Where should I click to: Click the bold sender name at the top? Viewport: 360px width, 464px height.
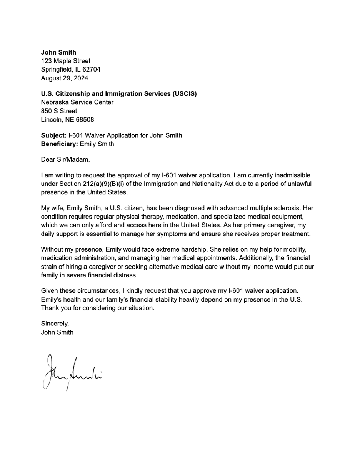coord(58,52)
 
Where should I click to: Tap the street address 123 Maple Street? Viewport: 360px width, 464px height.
coord(66,61)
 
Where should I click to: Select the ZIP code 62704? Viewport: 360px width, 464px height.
coord(91,70)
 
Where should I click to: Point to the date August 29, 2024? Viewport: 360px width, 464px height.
coord(65,78)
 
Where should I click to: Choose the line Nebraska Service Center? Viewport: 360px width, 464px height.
coord(77,102)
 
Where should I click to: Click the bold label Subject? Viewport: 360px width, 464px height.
coord(54,135)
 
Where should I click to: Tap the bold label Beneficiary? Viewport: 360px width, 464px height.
coord(60,144)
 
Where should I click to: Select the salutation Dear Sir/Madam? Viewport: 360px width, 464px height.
coord(65,159)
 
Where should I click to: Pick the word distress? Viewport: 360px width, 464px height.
coord(126,275)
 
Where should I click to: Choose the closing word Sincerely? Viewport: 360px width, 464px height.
coord(55,324)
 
